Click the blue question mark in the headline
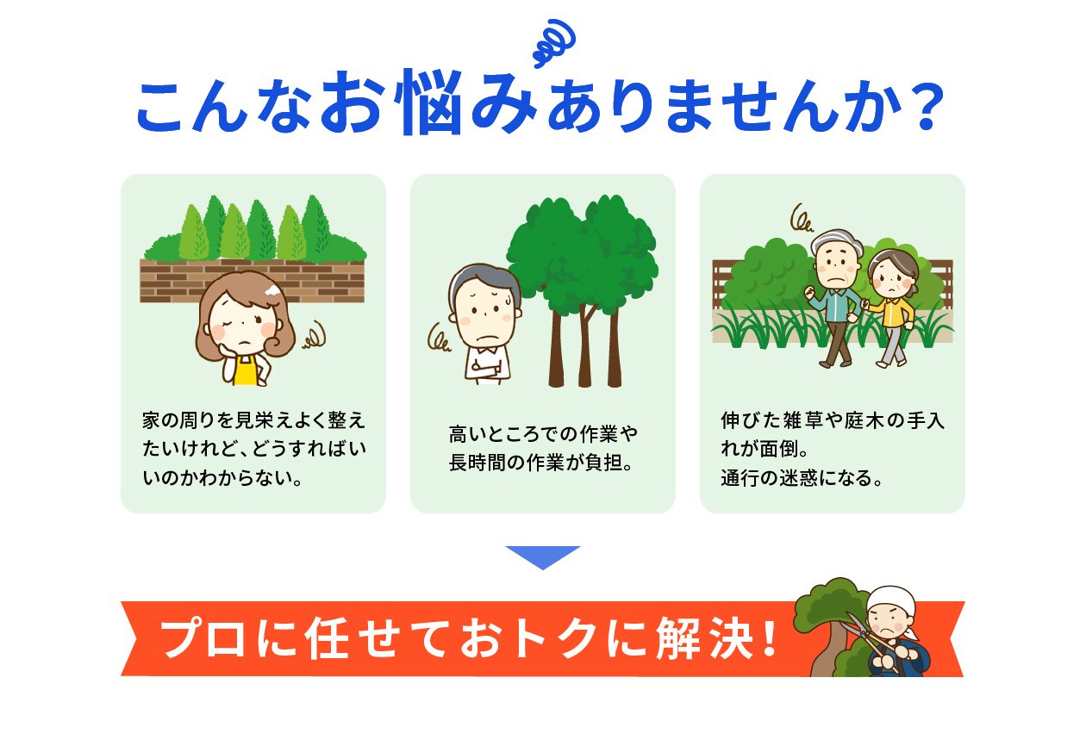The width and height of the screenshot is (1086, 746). [x=927, y=107]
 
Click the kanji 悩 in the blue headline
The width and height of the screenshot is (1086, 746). [x=428, y=102]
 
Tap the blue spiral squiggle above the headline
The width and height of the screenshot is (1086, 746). [x=554, y=42]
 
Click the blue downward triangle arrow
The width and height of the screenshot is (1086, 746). [x=542, y=557]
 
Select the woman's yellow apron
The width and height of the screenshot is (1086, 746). [x=246, y=370]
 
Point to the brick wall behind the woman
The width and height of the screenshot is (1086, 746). [x=252, y=281]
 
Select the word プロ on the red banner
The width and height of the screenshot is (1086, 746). [x=203, y=638]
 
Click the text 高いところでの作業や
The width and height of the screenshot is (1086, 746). [x=543, y=434]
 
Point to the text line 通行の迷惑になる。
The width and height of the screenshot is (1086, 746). [x=801, y=478]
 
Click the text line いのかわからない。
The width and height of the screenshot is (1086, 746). [x=222, y=478]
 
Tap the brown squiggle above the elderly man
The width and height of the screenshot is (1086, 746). [x=802, y=217]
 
